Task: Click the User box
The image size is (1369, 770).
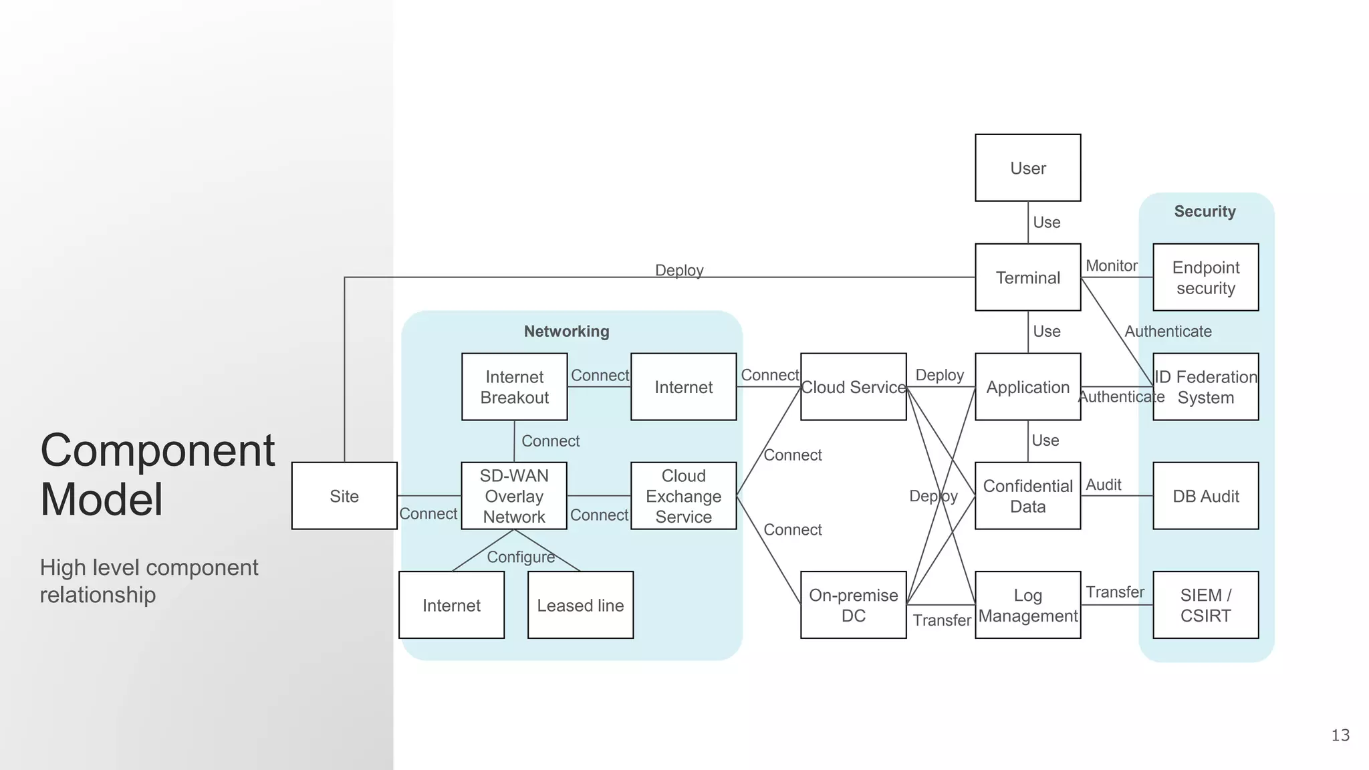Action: pos(1027,168)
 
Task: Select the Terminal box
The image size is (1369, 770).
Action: pos(1027,277)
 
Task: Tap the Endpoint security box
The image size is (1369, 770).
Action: pos(1205,277)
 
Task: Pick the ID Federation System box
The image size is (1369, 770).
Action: pos(1205,387)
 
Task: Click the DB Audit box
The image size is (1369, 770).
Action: pos(1205,496)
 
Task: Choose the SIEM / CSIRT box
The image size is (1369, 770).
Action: pos(1205,605)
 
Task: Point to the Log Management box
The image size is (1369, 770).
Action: pos(1027,605)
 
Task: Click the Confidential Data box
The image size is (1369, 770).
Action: pos(1027,496)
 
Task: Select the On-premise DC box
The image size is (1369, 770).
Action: pos(853,605)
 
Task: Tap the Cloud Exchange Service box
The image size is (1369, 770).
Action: pos(683,496)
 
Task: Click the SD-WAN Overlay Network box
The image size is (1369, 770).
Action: pos(514,496)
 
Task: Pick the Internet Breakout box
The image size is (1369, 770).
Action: pos(514,387)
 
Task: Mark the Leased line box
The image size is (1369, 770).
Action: pos(580,605)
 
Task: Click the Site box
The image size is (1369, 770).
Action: pos(344,496)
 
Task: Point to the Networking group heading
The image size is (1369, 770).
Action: pos(566,332)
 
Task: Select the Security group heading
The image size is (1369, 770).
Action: pos(1205,211)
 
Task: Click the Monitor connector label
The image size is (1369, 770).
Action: pos(1111,266)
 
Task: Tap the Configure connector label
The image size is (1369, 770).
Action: pos(521,557)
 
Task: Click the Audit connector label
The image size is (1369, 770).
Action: pos(1103,485)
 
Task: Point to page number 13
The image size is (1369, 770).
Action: pos(1340,735)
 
